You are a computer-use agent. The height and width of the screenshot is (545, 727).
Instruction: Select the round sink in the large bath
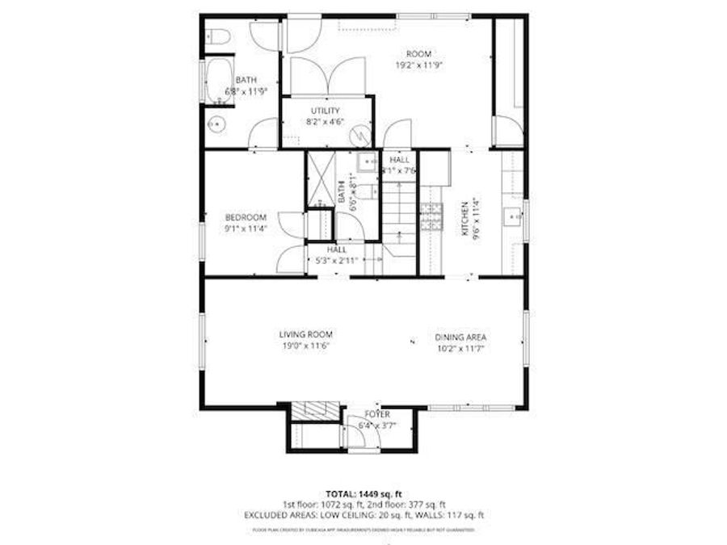click(215, 124)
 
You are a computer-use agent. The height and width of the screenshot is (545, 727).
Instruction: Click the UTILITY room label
click(325, 111)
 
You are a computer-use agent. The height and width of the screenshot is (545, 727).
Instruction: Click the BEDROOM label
click(246, 216)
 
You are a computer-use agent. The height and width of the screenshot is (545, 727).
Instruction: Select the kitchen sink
click(512, 216)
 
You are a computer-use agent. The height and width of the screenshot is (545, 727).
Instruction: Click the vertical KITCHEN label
click(464, 218)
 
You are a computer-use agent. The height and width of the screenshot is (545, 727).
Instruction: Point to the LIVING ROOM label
click(306, 334)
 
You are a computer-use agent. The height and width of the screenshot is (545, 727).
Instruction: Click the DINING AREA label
click(460, 337)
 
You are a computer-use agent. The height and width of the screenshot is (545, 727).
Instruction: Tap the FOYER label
click(377, 414)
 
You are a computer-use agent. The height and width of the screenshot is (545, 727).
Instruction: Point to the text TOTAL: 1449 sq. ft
click(363, 493)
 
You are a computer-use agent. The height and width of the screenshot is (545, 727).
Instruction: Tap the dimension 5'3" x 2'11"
click(338, 261)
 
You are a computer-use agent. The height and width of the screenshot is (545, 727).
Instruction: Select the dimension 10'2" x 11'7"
click(460, 349)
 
